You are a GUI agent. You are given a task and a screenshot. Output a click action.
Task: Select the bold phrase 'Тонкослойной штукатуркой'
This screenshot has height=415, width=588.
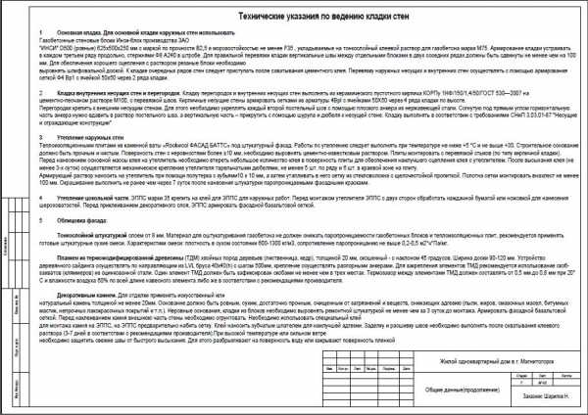pos(89,236)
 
